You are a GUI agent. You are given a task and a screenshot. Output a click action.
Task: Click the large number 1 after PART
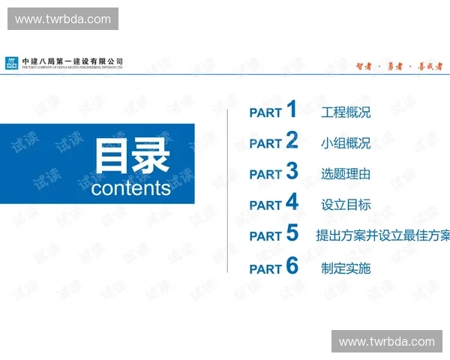point(292,109)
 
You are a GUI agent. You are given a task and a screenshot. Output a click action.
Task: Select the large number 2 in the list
point(292,140)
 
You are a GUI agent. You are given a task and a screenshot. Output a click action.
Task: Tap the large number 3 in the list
point(292,171)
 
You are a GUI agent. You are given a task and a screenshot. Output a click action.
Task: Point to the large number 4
point(292,202)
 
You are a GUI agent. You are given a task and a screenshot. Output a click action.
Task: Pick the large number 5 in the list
point(292,233)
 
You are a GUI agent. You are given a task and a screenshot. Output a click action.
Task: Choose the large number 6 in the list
point(292,265)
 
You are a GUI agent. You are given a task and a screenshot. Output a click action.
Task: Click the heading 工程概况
point(346,113)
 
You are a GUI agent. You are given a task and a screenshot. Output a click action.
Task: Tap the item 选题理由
point(346,175)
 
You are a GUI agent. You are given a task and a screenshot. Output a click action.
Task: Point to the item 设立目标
point(346,205)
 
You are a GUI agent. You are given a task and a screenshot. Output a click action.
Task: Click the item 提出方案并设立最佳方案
point(383,236)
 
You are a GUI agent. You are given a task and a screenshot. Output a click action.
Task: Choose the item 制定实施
point(346,268)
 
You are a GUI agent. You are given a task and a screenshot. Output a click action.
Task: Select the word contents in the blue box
point(131,188)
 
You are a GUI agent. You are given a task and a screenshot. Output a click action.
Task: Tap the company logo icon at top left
point(12,63)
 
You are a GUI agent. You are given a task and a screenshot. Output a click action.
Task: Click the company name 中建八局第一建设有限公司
point(73,61)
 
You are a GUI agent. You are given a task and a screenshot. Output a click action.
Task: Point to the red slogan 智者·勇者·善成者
point(398,66)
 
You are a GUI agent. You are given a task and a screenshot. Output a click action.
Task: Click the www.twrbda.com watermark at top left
point(63,19)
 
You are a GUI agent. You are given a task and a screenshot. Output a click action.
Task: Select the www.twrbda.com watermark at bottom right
point(386,342)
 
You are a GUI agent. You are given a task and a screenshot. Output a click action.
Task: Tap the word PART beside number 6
point(265,268)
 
